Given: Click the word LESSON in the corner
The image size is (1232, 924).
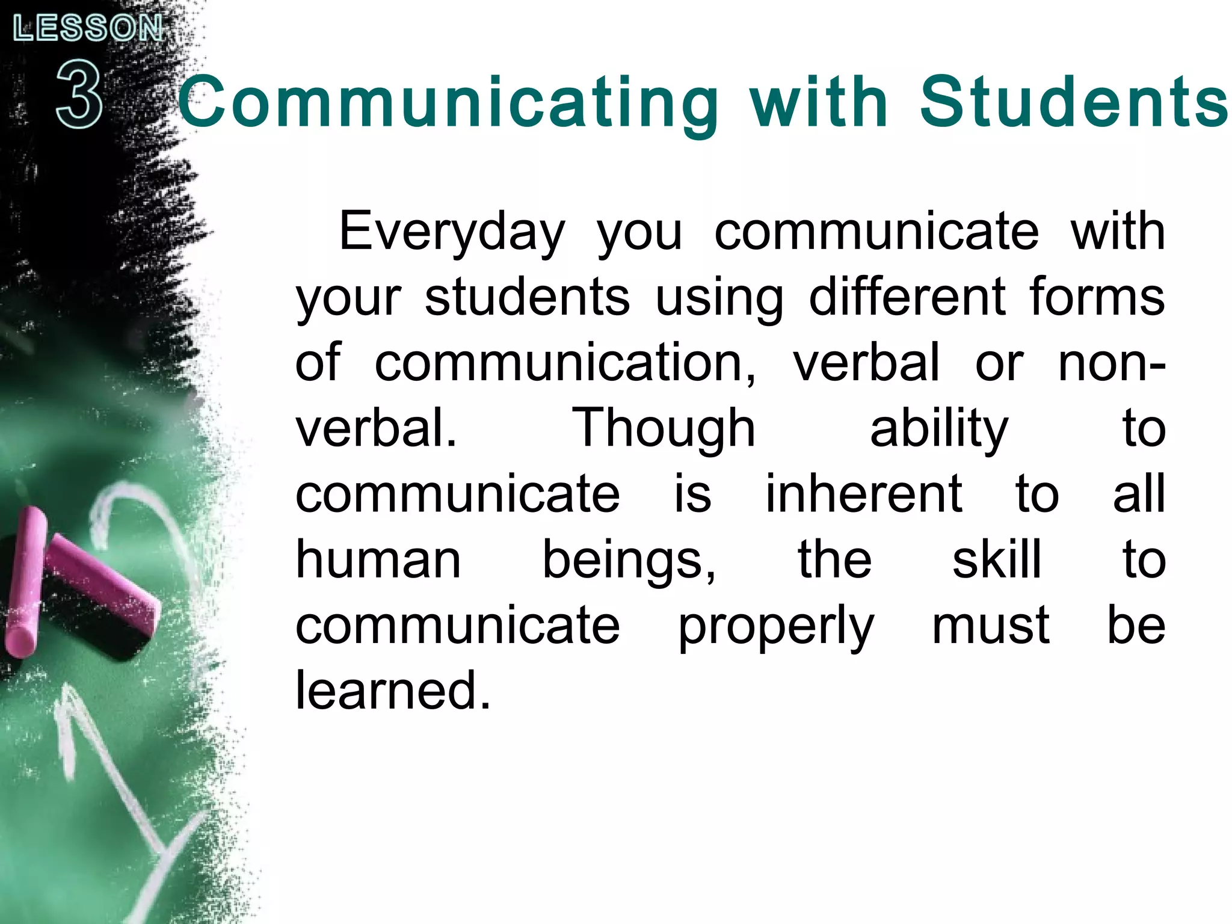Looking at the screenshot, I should click(88, 29).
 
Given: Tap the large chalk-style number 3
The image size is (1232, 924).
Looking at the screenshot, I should click(79, 96).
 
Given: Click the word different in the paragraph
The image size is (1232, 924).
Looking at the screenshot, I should click(907, 298).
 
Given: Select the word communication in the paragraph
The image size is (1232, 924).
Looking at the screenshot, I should click(565, 363).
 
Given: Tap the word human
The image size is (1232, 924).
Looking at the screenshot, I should click(378, 560).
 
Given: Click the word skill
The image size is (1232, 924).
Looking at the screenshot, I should click(997, 559).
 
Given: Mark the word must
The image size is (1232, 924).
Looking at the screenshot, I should click(991, 626).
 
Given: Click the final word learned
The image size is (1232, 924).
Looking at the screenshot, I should click(393, 691).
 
